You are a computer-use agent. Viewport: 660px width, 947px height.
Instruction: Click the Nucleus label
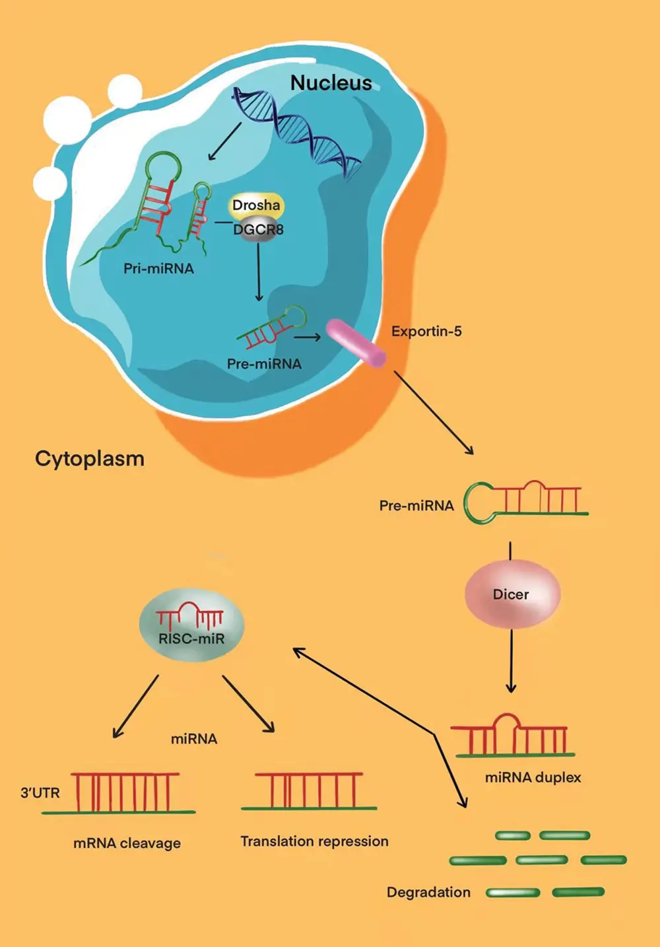[x=331, y=83]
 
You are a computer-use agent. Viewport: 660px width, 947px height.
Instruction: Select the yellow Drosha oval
[x=256, y=205]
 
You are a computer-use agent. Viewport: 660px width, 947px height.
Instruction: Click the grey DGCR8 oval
[x=258, y=230]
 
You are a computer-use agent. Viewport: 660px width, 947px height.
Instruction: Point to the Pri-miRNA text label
[x=158, y=269]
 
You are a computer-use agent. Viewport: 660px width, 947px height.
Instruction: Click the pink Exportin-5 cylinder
[x=356, y=343]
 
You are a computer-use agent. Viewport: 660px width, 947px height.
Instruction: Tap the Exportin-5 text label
[x=426, y=332]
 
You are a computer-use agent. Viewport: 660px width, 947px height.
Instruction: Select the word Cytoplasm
[x=90, y=458]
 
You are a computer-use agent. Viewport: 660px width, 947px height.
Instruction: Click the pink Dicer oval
[x=511, y=594]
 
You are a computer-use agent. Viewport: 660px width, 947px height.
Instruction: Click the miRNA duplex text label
[x=533, y=777]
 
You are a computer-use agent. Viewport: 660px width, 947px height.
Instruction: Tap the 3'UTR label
[x=40, y=792]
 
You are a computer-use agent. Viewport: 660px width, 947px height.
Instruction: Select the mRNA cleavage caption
[x=127, y=843]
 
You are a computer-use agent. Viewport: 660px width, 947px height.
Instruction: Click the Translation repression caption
[x=314, y=841]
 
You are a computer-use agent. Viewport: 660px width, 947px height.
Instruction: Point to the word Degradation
[x=428, y=892]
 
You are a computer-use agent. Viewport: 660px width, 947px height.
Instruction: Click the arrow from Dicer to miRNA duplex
[x=511, y=660]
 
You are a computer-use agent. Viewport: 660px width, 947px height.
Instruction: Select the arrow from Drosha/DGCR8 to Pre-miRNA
[x=259, y=271]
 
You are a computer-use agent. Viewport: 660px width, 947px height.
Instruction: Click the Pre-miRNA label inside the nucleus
[x=264, y=364]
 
